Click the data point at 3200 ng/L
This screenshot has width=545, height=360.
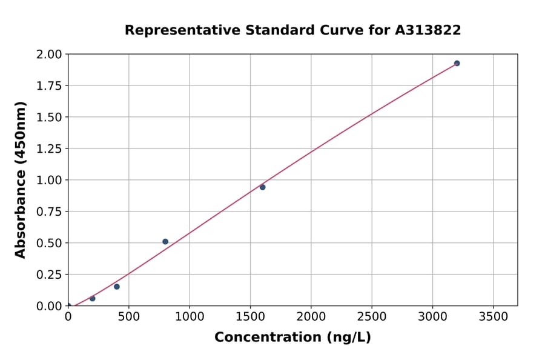pyautogui.click(x=457, y=63)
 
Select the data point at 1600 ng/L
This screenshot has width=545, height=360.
pyautogui.click(x=262, y=187)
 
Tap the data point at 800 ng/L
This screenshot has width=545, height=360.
pyautogui.click(x=165, y=241)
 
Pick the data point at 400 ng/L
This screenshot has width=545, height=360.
pyautogui.click(x=117, y=287)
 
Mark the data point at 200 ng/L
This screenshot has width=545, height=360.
pyautogui.click(x=93, y=298)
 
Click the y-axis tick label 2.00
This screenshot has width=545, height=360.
pyautogui.click(x=49, y=55)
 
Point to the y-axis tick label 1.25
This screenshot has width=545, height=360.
pyautogui.click(x=49, y=148)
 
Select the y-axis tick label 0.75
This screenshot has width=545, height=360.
pyautogui.click(x=49, y=212)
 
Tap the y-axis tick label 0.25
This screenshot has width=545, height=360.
pyautogui.click(x=49, y=275)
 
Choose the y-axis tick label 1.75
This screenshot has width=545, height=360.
pyautogui.click(x=49, y=86)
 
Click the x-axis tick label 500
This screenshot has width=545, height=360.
pyautogui.click(x=128, y=316)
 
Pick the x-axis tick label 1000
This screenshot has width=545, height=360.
pyautogui.click(x=190, y=316)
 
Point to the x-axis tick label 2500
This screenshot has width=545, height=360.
pyautogui.click(x=372, y=316)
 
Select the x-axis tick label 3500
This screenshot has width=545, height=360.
pyautogui.click(x=493, y=316)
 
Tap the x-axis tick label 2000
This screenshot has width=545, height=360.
pyautogui.click(x=311, y=316)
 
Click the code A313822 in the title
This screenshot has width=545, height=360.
pyautogui.click(x=429, y=30)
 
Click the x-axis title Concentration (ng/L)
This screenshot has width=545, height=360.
pyautogui.click(x=292, y=338)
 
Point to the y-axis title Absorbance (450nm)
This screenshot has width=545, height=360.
pyautogui.click(x=21, y=180)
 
